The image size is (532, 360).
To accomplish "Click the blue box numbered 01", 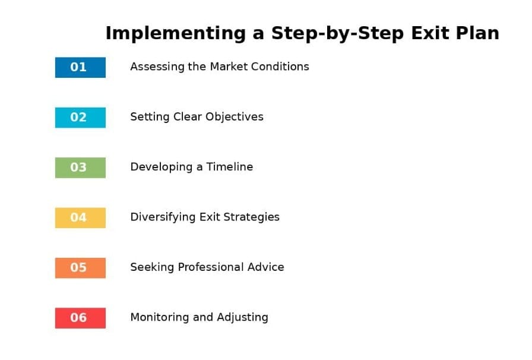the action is coord(80,67).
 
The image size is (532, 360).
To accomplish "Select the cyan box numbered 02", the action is coord(80,118).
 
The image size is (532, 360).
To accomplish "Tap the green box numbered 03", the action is coord(80,168).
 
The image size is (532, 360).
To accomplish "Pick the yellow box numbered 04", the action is coord(80,217).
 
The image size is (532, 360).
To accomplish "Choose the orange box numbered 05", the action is coord(80,268).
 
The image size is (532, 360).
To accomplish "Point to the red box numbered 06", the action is coord(80,318).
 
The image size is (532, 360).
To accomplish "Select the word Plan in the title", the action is coord(477,33).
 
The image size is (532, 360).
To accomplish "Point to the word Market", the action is coord(229,66).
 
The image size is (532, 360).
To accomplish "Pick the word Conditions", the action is coord(280,66).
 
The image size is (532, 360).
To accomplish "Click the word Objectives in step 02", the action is coord(235,117).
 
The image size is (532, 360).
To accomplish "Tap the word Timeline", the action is coord(230,167).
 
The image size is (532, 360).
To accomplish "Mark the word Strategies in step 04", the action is coord(251,217).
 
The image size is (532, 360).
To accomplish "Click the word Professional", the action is coord(211,267).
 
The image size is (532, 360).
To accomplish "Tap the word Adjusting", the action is coord(243,318).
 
